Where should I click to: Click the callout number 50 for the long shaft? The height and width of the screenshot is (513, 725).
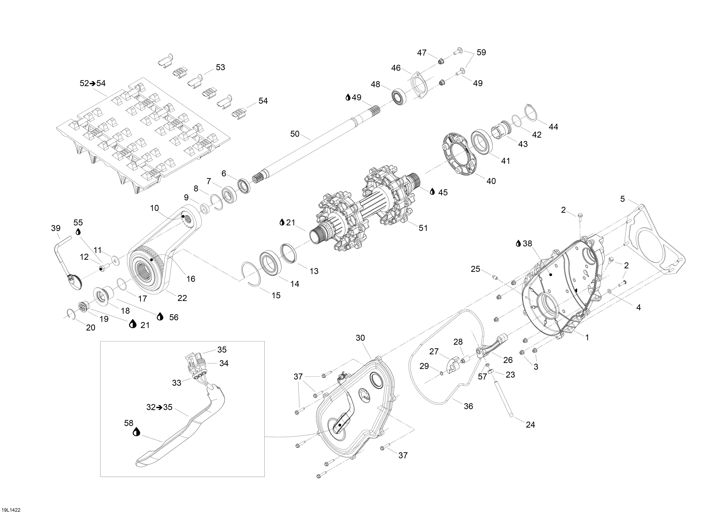(x=295, y=134)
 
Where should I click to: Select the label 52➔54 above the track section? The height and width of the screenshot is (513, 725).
(x=93, y=83)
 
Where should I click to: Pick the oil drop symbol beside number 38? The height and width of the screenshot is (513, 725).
(x=518, y=243)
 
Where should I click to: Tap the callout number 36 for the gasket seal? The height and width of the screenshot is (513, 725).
(x=468, y=406)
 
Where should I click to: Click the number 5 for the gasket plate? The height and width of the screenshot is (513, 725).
(x=622, y=199)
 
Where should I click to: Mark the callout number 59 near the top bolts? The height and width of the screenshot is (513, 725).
(x=481, y=52)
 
